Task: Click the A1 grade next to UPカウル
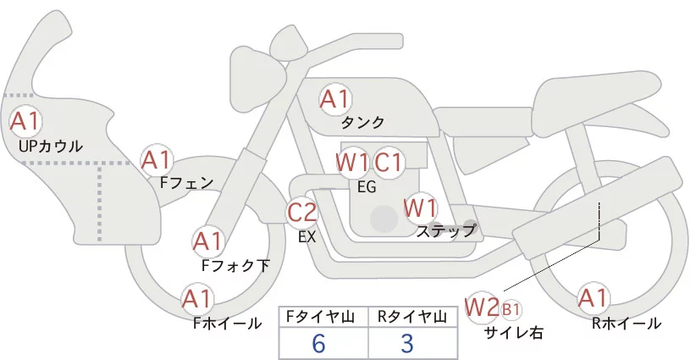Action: coord(25,121)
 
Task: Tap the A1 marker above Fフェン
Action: coord(157,159)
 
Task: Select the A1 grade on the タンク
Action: coord(334,99)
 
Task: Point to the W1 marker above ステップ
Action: coord(420,208)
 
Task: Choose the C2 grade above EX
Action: coord(302,211)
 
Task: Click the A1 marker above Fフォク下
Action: coord(208,241)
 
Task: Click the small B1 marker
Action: coord(511,309)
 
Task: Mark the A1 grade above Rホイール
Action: coord(593,298)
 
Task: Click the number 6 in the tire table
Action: coord(318,344)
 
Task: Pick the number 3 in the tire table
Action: coord(406,344)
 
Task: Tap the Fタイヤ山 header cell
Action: coord(323,317)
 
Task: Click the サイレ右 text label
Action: coord(513,333)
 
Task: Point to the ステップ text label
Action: coord(446,230)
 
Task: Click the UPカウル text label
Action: coord(50,147)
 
